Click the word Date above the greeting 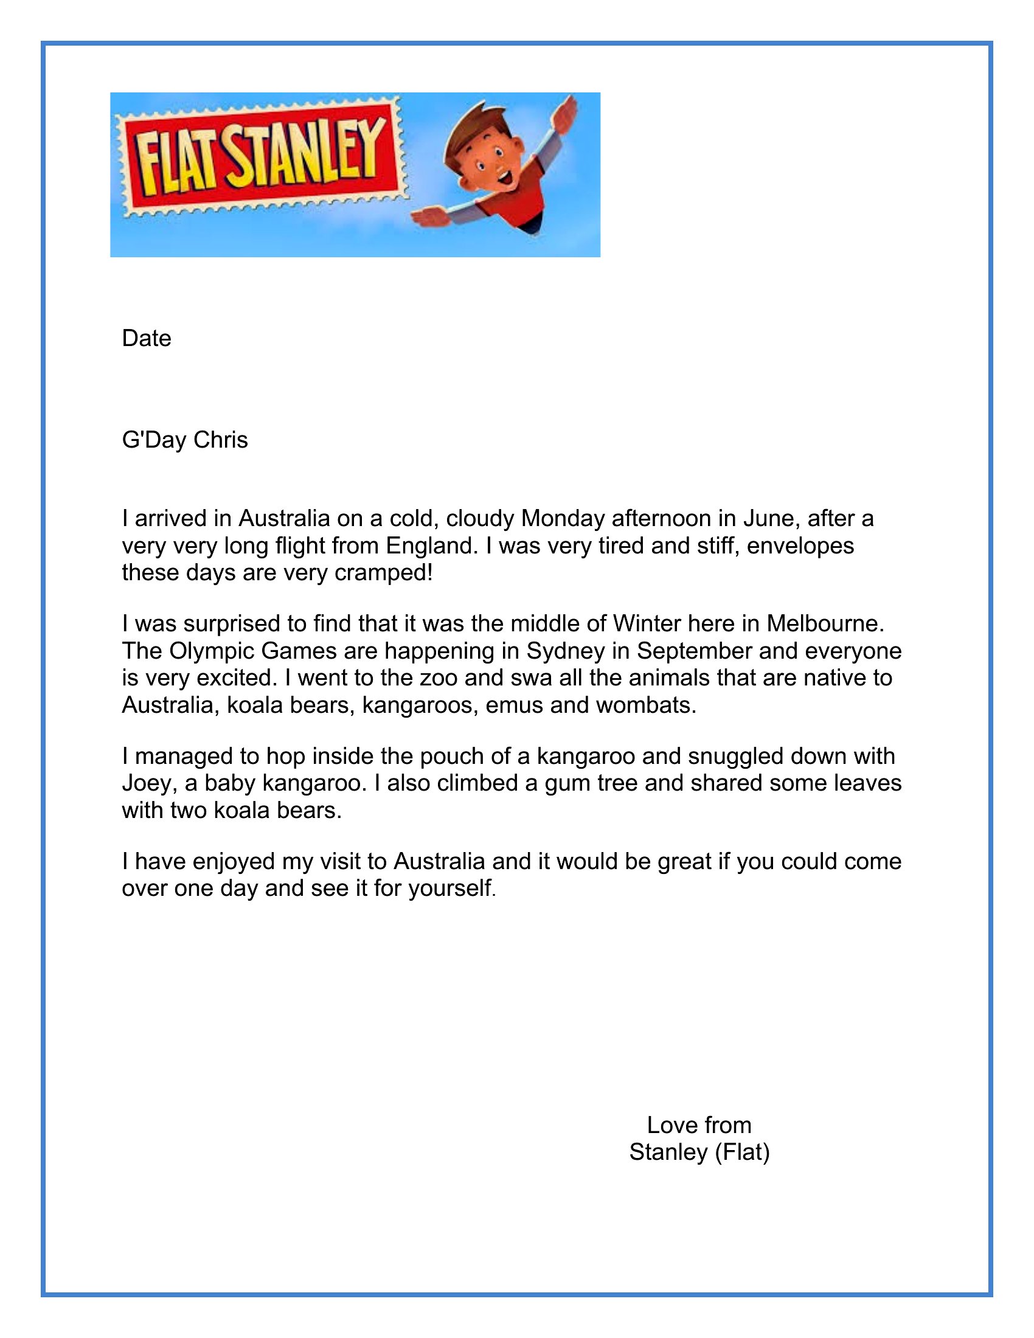click(x=147, y=338)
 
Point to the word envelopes click(x=800, y=546)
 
